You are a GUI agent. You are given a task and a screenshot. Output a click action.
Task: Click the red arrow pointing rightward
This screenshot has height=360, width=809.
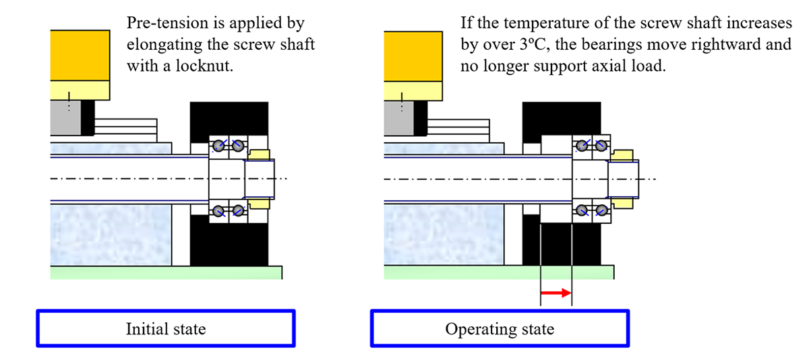pyautogui.click(x=556, y=293)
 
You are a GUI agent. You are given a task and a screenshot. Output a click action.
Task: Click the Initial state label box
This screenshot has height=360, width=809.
pyautogui.click(x=165, y=329)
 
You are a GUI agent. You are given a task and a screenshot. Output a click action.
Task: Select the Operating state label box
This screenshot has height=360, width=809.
pyautogui.click(x=499, y=329)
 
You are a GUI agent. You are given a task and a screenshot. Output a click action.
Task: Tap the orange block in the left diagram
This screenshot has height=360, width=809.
pyautogui.click(x=80, y=55)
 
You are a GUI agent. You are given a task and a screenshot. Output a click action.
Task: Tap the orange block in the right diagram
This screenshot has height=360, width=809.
pyautogui.click(x=412, y=55)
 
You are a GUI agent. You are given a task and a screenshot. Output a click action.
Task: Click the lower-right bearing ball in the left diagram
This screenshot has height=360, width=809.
pyautogui.click(x=237, y=211)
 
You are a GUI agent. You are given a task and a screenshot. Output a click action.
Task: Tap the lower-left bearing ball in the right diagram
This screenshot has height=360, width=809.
pyautogui.click(x=580, y=211)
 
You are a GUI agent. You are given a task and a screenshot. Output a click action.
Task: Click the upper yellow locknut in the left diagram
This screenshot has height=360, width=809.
pyautogui.click(x=260, y=154)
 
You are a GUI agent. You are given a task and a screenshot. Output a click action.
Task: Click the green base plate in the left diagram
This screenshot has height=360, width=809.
pyautogui.click(x=166, y=272)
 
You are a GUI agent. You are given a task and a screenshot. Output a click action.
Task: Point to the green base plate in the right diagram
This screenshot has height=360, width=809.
pyautogui.click(x=498, y=272)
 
